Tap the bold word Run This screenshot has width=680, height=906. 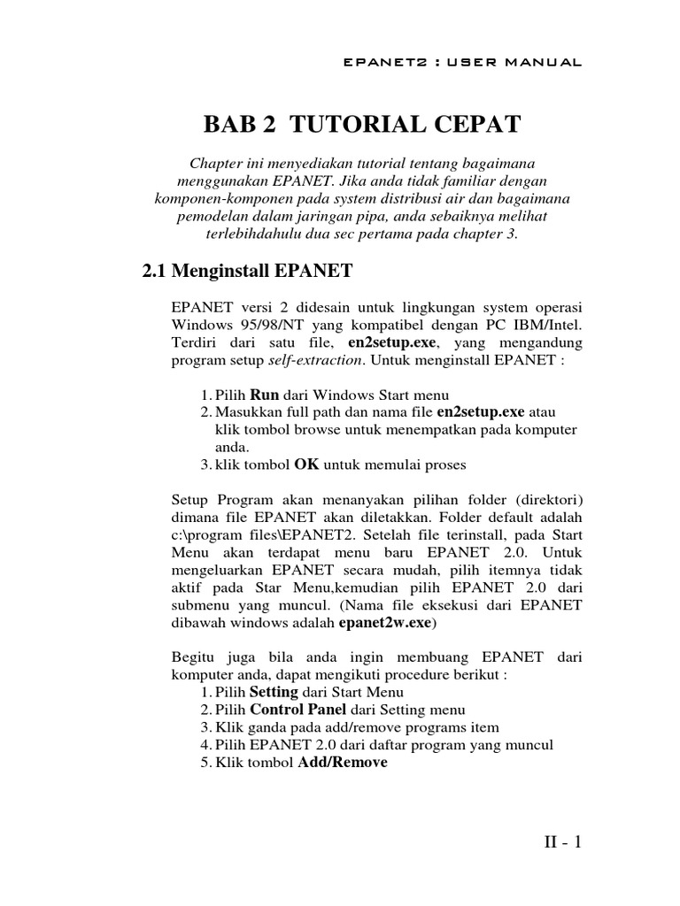264,395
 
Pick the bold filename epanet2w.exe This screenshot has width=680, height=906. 386,623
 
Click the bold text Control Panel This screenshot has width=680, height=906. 299,710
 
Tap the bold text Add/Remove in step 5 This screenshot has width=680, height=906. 343,763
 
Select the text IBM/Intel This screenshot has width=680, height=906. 548,326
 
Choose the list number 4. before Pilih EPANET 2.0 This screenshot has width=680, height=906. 206,745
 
